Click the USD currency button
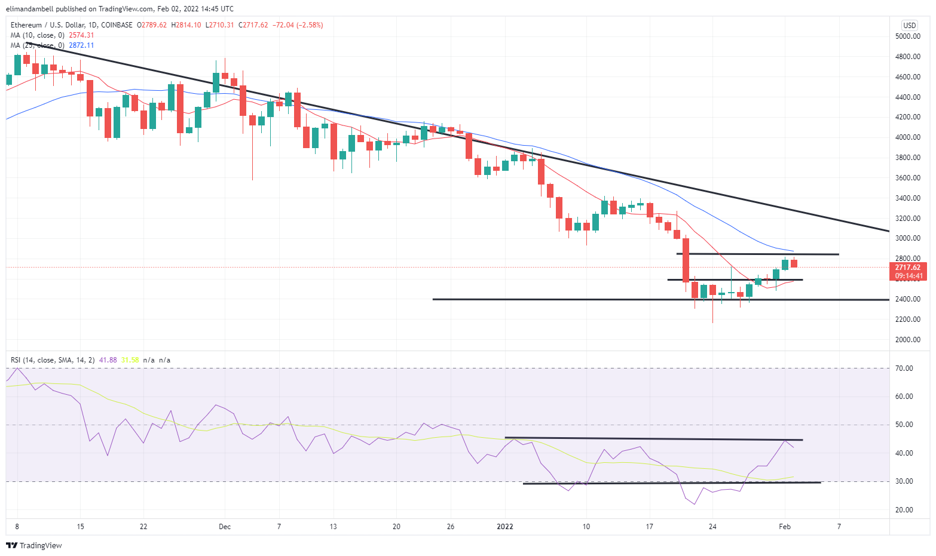[x=909, y=25]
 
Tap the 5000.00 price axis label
[x=907, y=36]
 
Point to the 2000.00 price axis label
[x=907, y=340]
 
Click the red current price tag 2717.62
[x=907, y=268]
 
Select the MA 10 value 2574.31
[x=81, y=35]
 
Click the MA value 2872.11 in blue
[x=81, y=45]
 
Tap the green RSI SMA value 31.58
[x=130, y=360]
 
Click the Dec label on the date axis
[x=225, y=527]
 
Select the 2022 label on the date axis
[x=505, y=527]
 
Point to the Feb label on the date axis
[x=785, y=527]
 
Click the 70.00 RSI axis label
[x=904, y=368]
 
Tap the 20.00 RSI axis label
[x=904, y=510]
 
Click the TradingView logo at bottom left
[x=34, y=545]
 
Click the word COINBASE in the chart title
[x=117, y=25]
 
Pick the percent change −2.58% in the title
[x=309, y=25]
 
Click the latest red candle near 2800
[x=794, y=263]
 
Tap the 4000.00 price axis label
[x=907, y=137]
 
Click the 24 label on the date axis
[x=712, y=527]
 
